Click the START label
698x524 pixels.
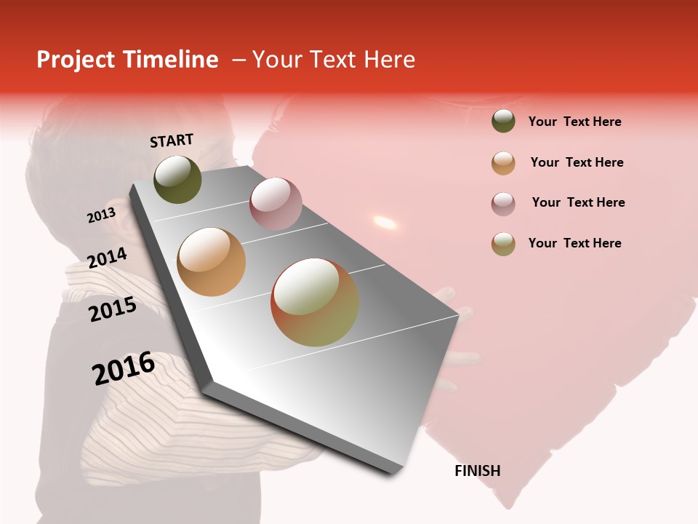click(172, 140)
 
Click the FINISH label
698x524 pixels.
click(477, 471)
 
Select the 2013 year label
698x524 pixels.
click(101, 215)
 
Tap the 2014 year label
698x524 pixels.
click(107, 258)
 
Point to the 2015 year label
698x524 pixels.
click(113, 309)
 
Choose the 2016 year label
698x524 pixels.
click(124, 368)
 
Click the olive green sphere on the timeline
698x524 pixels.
click(177, 179)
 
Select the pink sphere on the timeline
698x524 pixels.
click(275, 203)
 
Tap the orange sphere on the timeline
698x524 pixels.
click(211, 262)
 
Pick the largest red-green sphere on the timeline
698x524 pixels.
click(315, 302)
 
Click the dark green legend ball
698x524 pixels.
click(503, 121)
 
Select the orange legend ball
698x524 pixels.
click(503, 163)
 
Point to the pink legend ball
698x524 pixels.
click(503, 203)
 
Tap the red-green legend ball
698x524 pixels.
click(503, 244)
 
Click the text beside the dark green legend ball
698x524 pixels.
click(574, 122)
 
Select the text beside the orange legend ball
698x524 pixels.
click(577, 162)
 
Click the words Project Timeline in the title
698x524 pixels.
click(127, 60)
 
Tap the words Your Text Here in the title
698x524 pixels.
click(334, 60)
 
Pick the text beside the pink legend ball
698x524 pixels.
click(578, 202)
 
